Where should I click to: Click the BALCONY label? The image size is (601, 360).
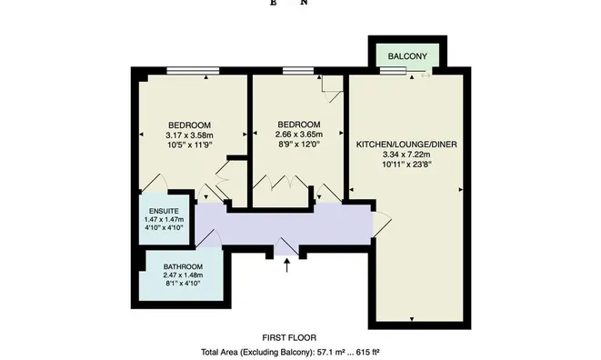point(407,56)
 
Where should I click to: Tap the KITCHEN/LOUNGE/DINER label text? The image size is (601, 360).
point(406,145)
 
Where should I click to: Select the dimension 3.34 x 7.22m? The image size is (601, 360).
point(406,155)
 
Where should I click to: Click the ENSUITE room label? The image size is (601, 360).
point(164,211)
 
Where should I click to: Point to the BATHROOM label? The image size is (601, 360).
point(183,267)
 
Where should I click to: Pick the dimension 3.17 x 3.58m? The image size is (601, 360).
point(189,135)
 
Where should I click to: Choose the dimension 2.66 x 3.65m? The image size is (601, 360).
point(298,135)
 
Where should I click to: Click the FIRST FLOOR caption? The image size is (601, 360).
point(289,338)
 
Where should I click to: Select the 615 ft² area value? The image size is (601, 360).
point(368,352)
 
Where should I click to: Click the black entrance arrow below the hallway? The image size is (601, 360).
point(286,265)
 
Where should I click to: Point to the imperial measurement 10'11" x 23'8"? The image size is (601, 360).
point(406,165)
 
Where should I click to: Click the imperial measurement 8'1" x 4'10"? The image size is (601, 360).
point(183,284)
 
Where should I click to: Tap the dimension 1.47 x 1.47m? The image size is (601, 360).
point(164,220)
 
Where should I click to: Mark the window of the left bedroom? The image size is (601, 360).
point(193,71)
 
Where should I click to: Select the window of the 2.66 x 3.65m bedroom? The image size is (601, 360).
point(298,71)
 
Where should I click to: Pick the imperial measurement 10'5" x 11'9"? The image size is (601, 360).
point(189,145)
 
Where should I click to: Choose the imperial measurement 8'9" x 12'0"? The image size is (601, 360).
point(298,145)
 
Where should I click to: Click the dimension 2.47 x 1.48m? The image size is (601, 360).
point(183,275)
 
